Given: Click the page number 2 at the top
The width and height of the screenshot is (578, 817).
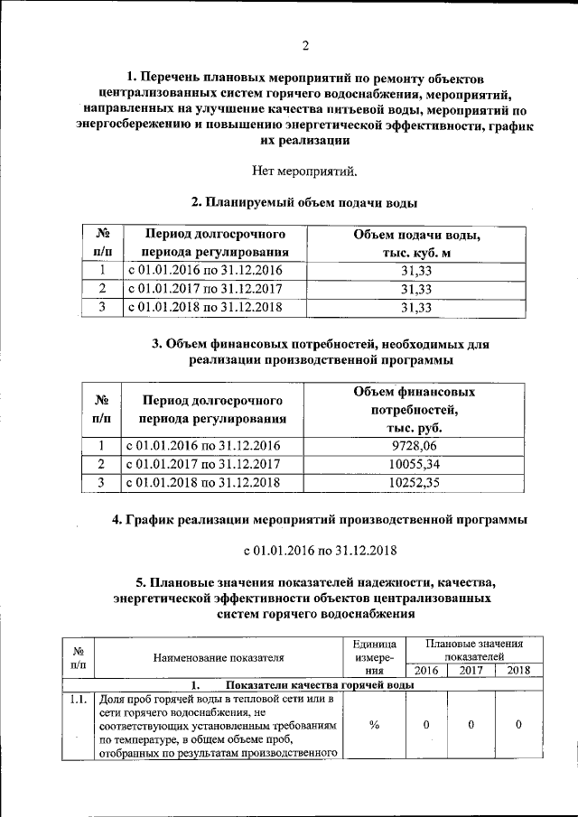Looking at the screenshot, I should click(305, 46).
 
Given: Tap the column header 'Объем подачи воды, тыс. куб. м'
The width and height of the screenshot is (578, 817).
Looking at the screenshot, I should click(416, 244).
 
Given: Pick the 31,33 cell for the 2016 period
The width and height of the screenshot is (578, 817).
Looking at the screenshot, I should click(416, 271).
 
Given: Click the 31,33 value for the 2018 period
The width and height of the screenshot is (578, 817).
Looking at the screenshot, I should click(416, 307).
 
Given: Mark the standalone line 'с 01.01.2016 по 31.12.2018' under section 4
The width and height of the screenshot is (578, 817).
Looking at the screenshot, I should click(322, 550).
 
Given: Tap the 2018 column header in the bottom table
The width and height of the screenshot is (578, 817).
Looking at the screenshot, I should click(518, 671).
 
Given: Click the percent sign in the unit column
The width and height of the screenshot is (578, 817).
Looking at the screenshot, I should click(374, 725).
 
